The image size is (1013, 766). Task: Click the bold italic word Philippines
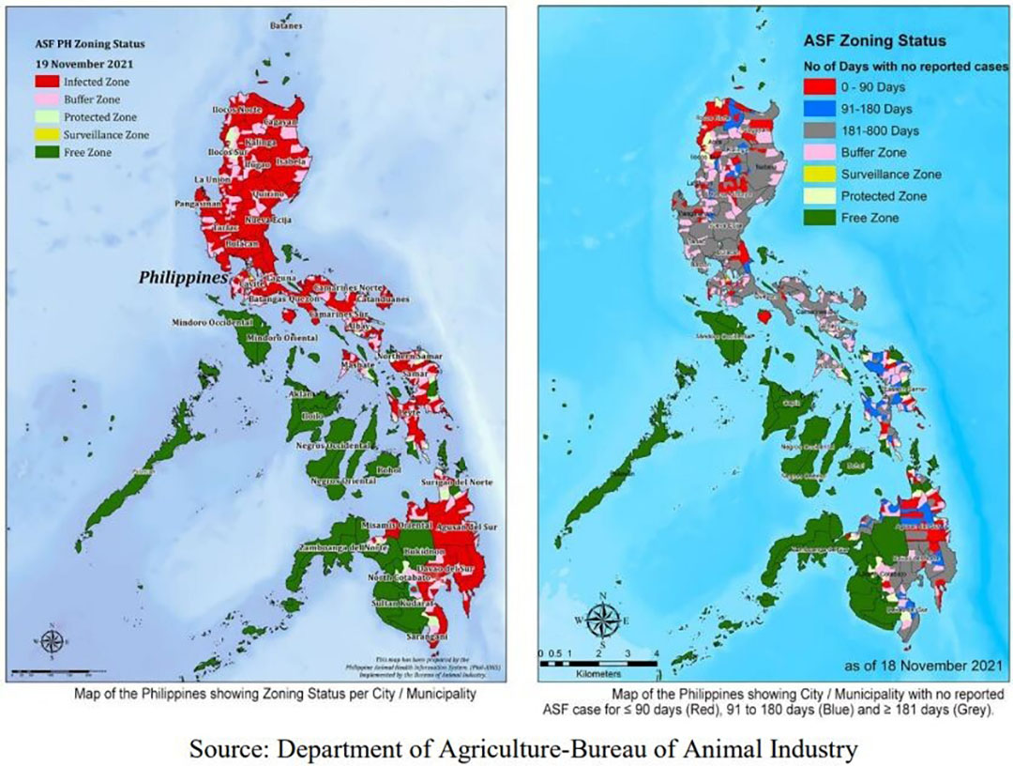(184, 279)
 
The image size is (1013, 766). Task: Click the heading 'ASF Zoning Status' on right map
(874, 41)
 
